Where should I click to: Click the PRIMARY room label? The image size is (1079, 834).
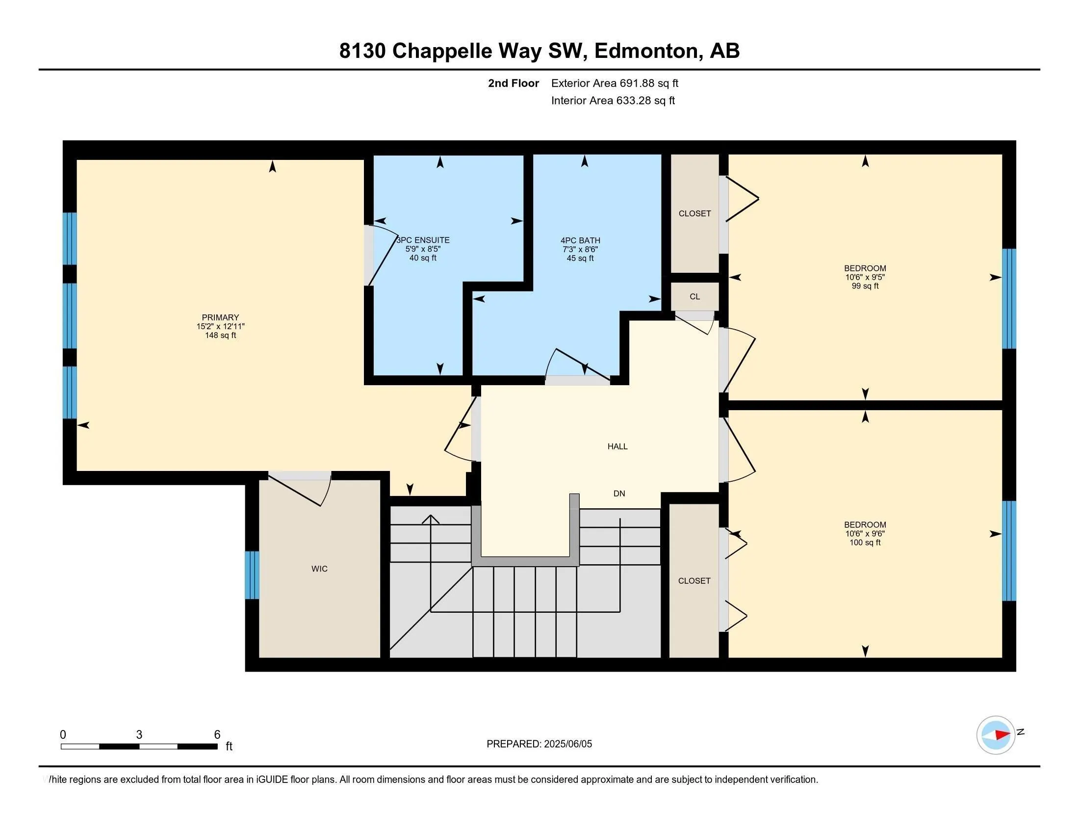coord(220,317)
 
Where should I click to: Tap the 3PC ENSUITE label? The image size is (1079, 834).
coord(423,240)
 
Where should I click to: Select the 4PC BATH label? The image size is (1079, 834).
coord(580,240)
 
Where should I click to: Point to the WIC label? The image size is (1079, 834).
coord(319,569)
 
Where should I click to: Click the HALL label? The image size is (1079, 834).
coord(617,446)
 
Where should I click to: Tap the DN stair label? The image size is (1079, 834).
coord(619,493)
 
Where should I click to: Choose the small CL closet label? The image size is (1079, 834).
coord(694,296)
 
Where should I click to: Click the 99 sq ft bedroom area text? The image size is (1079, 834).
coord(865,286)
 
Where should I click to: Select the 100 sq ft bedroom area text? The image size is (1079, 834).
coord(865,542)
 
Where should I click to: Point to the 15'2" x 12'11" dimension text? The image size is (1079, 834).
coord(220,326)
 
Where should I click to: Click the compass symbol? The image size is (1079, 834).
coord(996,735)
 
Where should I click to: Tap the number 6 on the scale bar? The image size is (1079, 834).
coord(217,735)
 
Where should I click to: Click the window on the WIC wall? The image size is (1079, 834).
coord(252,574)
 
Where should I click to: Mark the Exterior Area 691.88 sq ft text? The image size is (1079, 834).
coord(615,83)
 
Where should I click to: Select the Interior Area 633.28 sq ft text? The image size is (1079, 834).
coord(613,100)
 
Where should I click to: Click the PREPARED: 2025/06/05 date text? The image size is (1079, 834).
coord(539,744)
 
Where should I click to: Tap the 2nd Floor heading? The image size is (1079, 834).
coord(514,83)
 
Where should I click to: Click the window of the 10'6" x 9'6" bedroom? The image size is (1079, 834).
coord(1009,551)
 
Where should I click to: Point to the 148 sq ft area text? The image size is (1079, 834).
coord(220,335)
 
